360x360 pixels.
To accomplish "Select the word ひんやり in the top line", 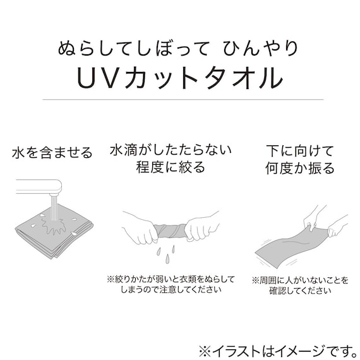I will pos(264,47).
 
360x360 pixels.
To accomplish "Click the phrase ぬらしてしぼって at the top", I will pos(135,47).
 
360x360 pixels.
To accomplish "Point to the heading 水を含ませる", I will pos(52,153).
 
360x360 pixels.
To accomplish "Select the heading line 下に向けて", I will pos(291,150).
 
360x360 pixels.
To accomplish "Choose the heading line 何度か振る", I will pos(291,168).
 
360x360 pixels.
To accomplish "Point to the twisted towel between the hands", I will pos(171,229).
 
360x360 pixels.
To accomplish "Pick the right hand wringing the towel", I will pos(203,229).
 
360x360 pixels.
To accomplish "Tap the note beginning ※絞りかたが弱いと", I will pos(170,279).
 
